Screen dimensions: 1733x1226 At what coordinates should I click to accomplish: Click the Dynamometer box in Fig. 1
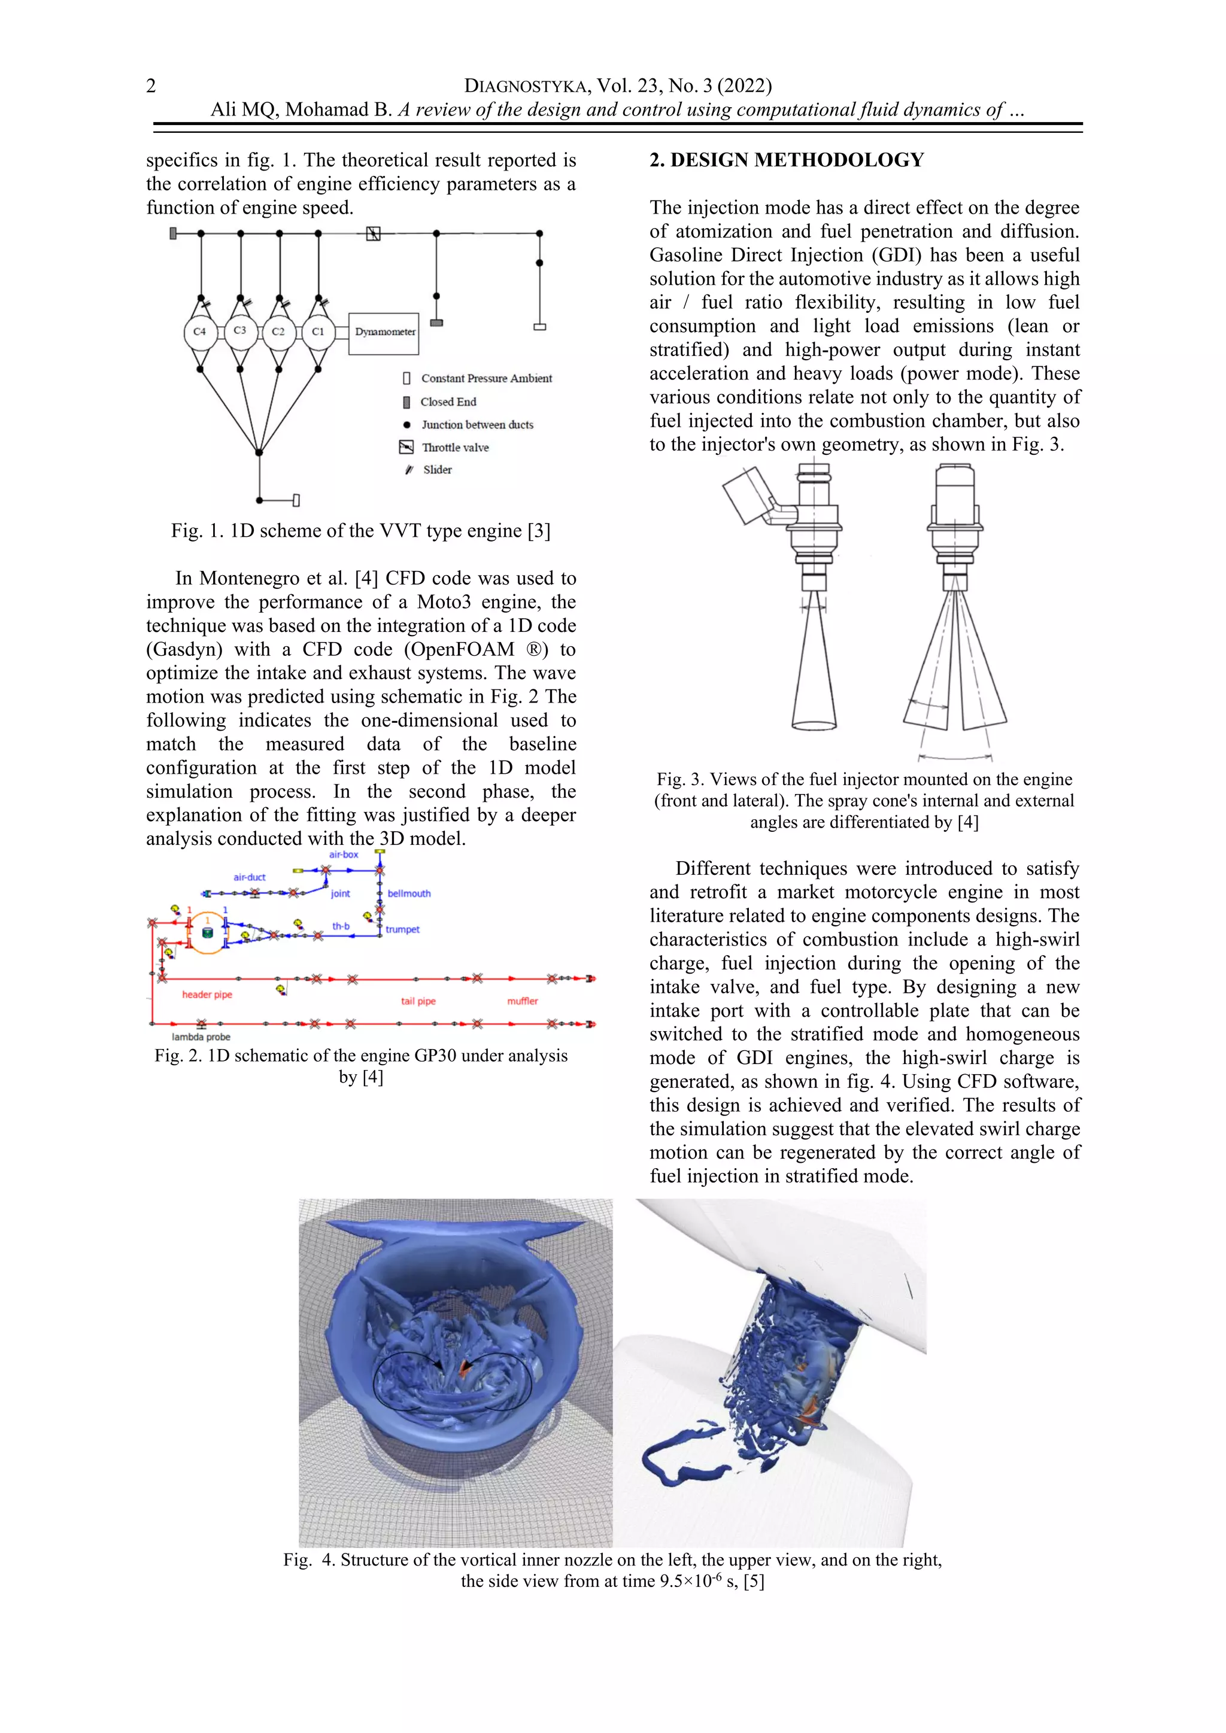384,333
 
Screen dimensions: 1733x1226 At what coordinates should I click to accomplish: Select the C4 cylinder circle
199,332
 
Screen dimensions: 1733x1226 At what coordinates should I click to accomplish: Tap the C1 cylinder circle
318,332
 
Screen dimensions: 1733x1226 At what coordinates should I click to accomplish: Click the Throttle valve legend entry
454,448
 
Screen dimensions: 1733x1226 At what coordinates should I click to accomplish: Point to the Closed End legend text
448,402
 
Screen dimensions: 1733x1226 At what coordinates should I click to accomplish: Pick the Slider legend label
437,470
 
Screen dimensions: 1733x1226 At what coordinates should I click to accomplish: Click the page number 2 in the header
151,86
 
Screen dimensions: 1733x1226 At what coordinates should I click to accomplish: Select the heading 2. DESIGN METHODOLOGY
787,160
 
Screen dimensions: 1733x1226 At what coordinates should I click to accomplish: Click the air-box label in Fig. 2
344,855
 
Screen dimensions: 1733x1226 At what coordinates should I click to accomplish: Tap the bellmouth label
409,893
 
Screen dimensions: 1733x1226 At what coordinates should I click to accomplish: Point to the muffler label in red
523,1001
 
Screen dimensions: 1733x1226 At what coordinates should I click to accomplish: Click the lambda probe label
201,1037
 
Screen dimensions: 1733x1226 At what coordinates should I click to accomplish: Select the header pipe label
207,995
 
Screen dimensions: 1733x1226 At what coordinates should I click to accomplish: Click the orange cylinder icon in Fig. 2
207,933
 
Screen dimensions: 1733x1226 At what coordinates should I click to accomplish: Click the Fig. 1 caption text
361,531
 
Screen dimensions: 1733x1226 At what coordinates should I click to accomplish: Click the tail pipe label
418,1001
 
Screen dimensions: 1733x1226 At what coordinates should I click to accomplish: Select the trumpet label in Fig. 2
402,929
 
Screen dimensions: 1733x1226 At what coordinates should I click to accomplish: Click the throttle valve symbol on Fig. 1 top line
373,234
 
